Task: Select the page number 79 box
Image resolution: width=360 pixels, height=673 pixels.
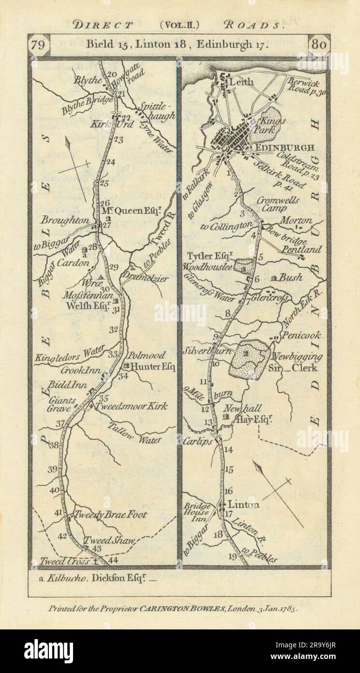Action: (x=38, y=45)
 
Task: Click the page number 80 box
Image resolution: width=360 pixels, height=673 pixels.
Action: (x=319, y=45)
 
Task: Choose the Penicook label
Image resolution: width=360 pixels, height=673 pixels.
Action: (x=303, y=335)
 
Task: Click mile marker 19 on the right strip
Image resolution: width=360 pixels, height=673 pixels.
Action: (x=232, y=557)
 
